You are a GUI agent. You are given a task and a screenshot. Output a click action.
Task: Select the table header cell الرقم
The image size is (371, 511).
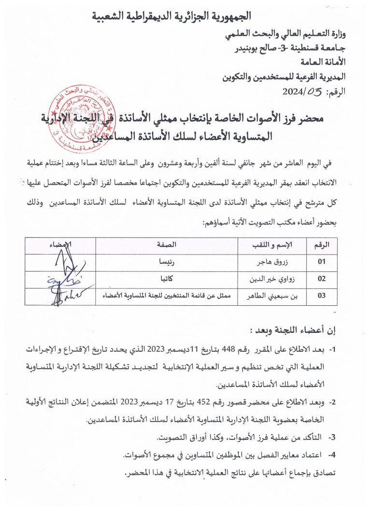point(322,246)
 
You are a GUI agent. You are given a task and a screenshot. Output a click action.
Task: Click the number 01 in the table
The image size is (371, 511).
point(322,262)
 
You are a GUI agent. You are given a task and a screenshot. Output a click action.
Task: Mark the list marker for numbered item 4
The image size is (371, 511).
point(332,455)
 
